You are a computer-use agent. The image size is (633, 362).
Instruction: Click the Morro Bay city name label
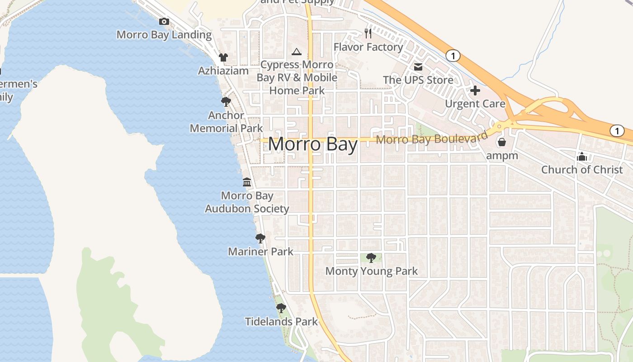pos(313,144)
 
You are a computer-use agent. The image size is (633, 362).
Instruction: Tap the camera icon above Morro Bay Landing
pos(164,21)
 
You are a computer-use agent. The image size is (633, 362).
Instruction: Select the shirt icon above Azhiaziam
pos(223,57)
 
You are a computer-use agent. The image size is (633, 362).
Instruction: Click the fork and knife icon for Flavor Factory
pos(368,33)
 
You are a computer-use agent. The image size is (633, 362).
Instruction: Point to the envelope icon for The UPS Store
pos(418,67)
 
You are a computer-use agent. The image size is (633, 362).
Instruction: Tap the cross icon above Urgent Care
pos(475,90)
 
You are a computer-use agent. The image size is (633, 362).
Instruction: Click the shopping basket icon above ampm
pos(501,143)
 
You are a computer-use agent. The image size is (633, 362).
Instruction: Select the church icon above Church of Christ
pos(582,157)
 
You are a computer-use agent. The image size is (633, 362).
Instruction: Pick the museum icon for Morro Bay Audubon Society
pos(247,182)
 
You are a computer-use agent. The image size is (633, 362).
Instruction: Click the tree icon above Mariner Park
pos(260,238)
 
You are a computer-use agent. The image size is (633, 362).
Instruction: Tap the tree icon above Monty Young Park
pos(371,258)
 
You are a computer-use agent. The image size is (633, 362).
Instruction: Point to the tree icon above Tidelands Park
pos(281,309)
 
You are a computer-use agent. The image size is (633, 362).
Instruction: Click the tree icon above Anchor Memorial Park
pos(226,102)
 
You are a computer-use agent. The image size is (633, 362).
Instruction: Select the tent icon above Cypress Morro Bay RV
pos(297,52)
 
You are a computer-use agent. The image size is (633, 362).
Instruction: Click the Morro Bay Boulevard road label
pos(432,138)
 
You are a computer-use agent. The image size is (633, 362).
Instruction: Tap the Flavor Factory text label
pos(368,47)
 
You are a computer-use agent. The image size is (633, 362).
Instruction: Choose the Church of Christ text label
pos(582,170)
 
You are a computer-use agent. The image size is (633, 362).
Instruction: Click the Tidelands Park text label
pos(281,322)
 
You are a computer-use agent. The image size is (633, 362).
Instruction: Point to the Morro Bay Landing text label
pos(164,35)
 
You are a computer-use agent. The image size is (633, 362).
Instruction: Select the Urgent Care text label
pos(475,104)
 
